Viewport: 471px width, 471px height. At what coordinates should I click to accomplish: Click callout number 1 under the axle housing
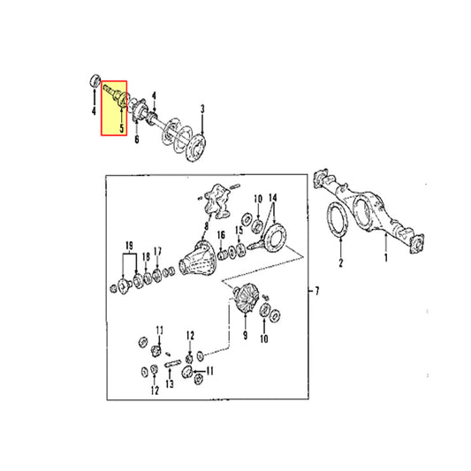[386, 257]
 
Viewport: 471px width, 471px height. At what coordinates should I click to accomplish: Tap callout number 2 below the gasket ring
[340, 262]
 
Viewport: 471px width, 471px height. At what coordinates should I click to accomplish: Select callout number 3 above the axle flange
[202, 109]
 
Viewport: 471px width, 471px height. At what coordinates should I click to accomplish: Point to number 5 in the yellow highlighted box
[122, 128]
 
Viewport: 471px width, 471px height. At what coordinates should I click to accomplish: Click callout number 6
[137, 139]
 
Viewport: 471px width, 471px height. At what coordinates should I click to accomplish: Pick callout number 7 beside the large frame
[316, 291]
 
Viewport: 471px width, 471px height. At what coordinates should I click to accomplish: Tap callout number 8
[207, 225]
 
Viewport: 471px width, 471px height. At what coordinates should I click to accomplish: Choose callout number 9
[246, 335]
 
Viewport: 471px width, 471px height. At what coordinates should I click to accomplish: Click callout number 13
[170, 384]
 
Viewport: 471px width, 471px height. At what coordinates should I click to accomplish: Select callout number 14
[273, 198]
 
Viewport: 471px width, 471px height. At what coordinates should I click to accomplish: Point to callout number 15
[239, 231]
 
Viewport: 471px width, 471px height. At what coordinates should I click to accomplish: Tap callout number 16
[221, 235]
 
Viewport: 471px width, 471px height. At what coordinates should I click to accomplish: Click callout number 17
[157, 252]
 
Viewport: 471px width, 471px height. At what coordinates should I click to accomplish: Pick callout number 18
[146, 257]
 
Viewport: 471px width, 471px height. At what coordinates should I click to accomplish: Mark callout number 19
[129, 246]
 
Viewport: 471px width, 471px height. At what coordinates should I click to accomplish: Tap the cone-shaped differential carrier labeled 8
[197, 258]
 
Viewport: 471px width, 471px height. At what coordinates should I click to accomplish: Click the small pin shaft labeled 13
[172, 363]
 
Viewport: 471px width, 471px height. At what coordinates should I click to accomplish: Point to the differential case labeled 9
[245, 298]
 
